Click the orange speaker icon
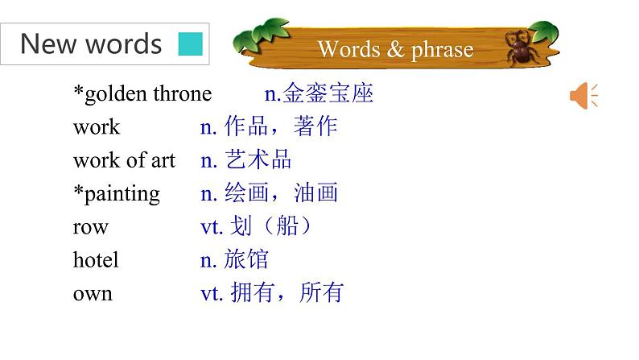583,96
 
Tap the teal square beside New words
190,44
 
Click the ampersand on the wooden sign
395,49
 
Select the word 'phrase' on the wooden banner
442,50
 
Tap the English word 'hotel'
96,259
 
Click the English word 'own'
93,294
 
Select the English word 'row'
90,227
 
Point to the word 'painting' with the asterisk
117,194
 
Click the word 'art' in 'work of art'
163,160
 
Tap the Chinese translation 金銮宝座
328,93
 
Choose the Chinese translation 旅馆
246,259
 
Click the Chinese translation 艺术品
258,159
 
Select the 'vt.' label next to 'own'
212,293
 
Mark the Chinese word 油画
315,192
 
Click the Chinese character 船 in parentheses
287,226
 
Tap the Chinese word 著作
315,126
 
